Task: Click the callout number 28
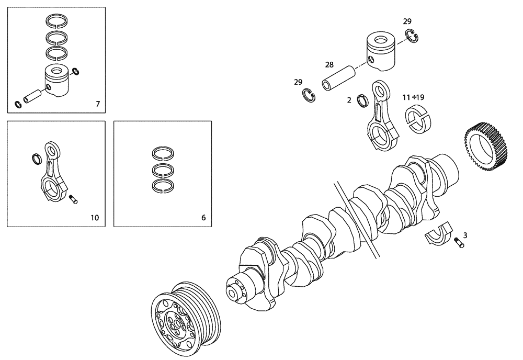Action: [x=329, y=65]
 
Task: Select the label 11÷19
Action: [x=413, y=97]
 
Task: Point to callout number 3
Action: [x=465, y=235]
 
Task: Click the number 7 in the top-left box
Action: [x=98, y=104]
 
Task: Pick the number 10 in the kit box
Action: [x=94, y=217]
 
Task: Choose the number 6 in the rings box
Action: [x=203, y=217]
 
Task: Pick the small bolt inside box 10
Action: [x=73, y=199]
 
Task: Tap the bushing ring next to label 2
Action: [x=361, y=100]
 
